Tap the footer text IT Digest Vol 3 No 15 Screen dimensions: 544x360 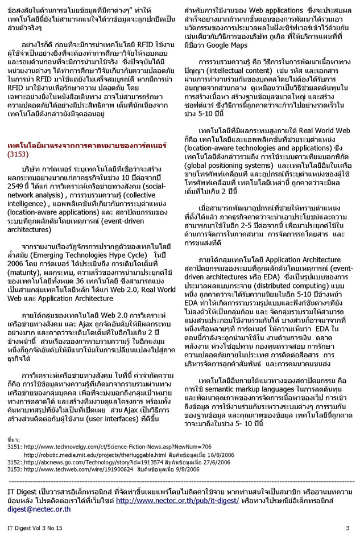35,528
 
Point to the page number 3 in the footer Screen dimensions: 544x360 347,528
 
